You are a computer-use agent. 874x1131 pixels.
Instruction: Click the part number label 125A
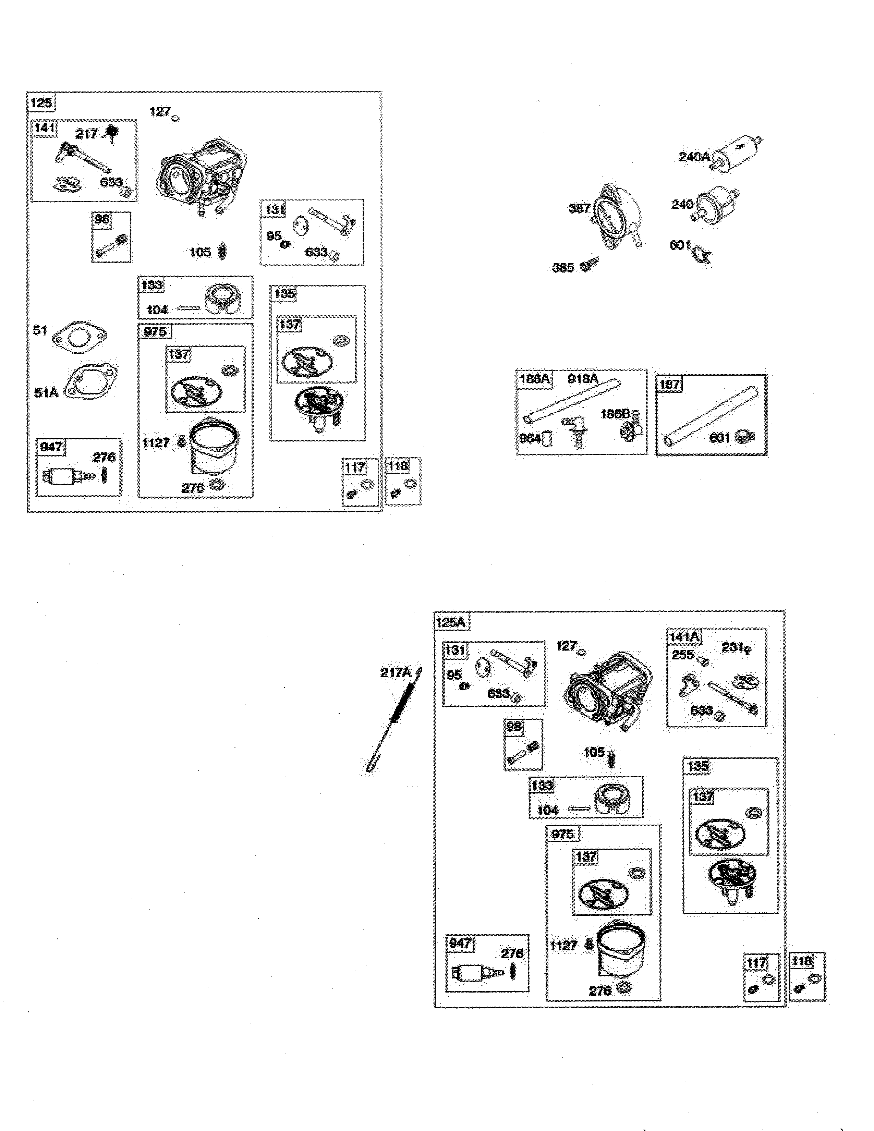point(450,622)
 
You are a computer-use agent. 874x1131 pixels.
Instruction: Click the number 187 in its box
point(670,385)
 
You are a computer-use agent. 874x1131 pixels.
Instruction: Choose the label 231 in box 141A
point(732,647)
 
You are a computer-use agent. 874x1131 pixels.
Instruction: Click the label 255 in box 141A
point(682,655)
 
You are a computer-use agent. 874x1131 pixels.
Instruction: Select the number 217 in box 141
point(86,134)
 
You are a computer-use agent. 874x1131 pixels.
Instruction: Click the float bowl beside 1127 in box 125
point(213,445)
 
